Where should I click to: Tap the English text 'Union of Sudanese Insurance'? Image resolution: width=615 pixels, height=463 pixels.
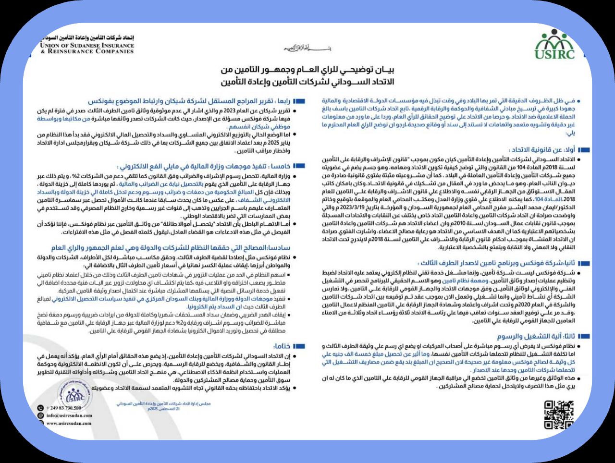[87, 45]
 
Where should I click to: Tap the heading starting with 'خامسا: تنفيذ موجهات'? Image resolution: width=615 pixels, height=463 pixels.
[204, 166]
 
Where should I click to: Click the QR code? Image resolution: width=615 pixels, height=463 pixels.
[559, 415]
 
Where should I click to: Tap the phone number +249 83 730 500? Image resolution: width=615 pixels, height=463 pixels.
[63, 408]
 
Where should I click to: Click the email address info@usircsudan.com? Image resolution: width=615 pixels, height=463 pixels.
[69, 415]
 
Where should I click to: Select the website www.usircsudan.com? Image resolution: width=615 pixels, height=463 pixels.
[69, 423]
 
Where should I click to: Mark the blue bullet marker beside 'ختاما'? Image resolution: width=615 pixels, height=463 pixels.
[299, 346]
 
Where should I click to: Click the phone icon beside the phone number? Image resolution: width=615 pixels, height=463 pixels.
[40, 408]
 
